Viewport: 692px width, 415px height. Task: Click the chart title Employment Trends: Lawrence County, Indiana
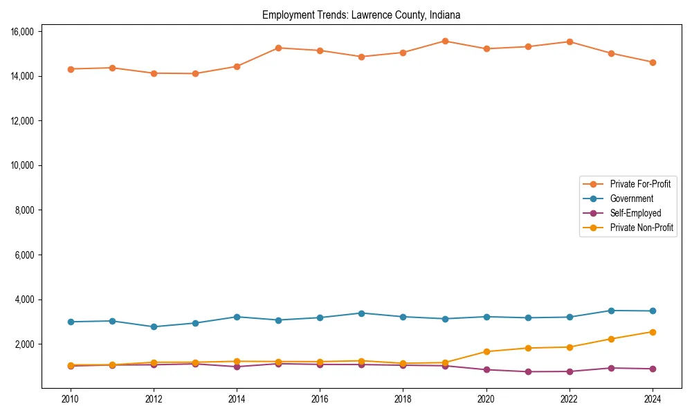coord(361,15)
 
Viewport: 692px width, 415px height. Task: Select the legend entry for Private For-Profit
coord(640,184)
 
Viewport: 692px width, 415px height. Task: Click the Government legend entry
coord(631,199)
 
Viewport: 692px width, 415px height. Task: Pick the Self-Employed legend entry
coord(635,213)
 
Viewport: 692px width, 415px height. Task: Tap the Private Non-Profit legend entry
coord(641,228)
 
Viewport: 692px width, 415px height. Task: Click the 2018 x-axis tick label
coord(403,399)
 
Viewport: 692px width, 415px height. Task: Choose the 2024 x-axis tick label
coord(653,399)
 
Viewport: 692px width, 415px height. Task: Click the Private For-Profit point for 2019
coord(445,41)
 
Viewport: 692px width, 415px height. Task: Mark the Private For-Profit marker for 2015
coord(278,48)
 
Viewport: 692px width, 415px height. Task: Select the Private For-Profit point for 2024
coord(653,62)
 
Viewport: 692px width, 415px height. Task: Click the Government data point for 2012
coord(154,326)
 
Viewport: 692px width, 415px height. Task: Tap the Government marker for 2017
coord(361,313)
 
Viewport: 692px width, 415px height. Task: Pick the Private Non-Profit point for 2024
coord(653,332)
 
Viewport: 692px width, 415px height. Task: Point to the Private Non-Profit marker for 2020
coord(486,351)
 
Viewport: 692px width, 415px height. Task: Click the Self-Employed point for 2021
coord(528,371)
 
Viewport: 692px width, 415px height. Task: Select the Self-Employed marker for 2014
coord(237,367)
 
